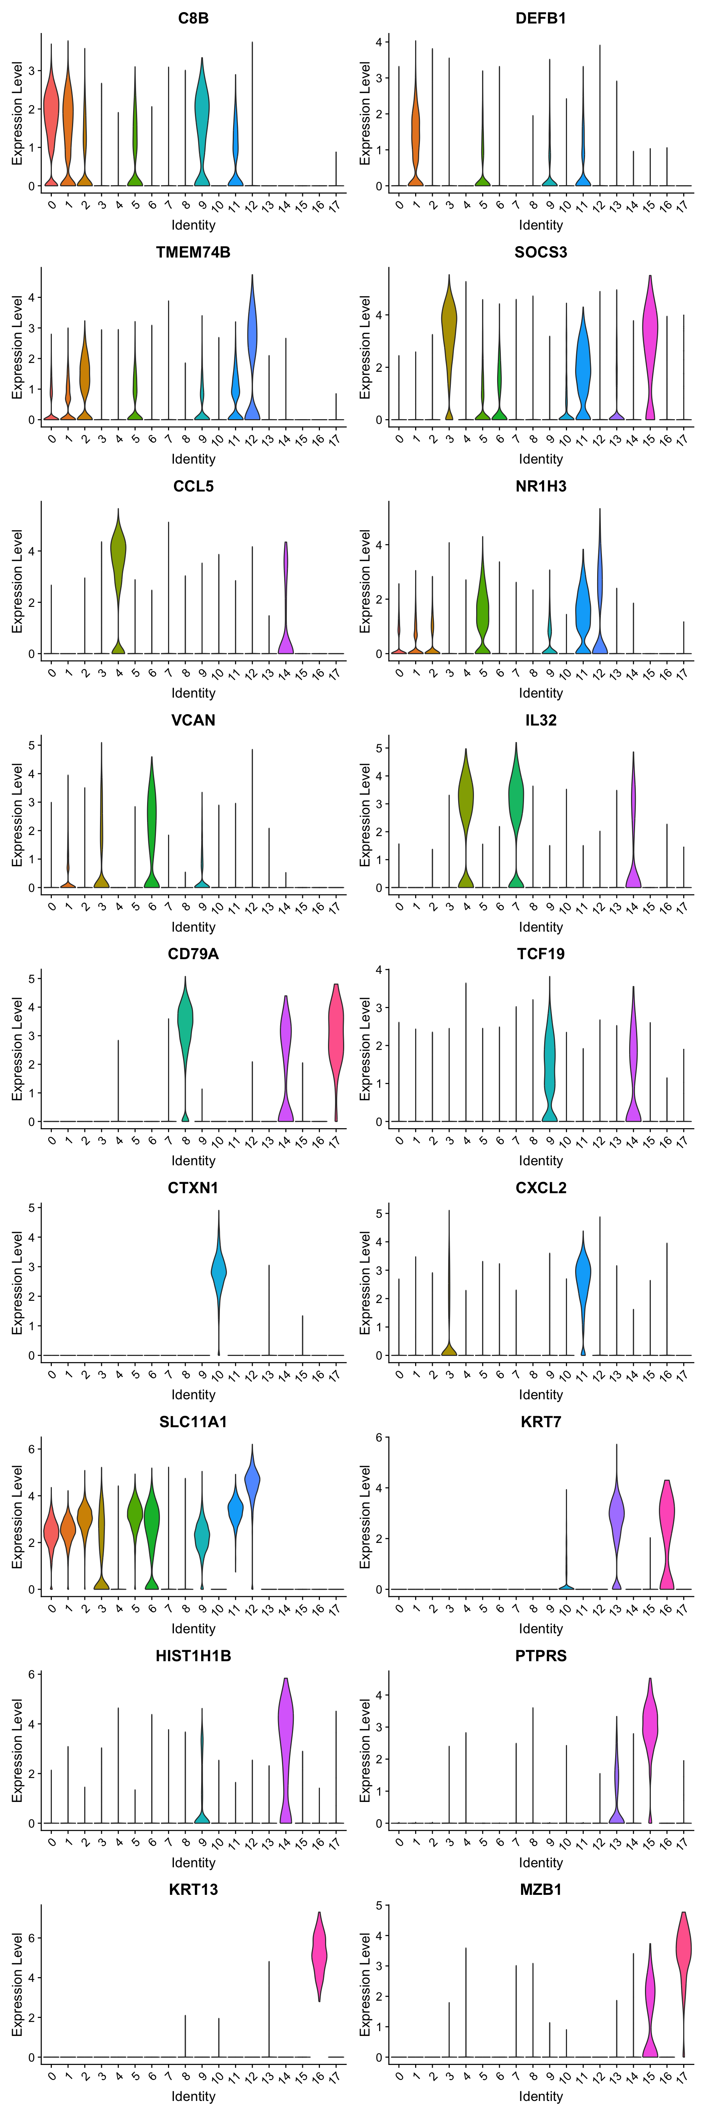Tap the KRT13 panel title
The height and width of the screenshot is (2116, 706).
pyautogui.click(x=193, y=1889)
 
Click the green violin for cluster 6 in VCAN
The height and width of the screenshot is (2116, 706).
pyautogui.click(x=152, y=821)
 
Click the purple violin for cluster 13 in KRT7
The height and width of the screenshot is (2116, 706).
pyautogui.click(x=616, y=1511)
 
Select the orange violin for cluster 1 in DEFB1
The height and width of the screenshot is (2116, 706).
pyautogui.click(x=416, y=123)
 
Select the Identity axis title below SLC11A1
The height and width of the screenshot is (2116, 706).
pyautogui.click(x=193, y=1629)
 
